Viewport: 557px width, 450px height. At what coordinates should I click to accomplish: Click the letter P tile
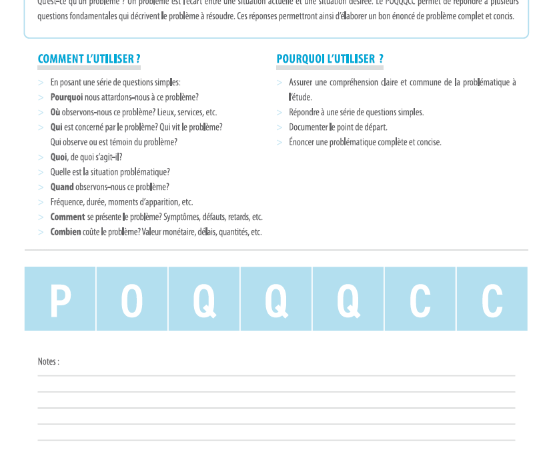[x=60, y=299]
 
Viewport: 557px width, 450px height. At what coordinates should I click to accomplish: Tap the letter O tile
[x=132, y=299]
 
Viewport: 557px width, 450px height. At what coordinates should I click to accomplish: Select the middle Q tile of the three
[x=276, y=299]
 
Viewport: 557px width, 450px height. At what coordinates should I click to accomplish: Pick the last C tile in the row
[x=492, y=299]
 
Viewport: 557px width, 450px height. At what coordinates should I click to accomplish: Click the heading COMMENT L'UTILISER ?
[x=89, y=59]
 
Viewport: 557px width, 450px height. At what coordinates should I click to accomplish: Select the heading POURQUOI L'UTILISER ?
[x=330, y=59]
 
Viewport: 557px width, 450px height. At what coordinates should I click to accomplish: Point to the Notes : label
[x=48, y=361]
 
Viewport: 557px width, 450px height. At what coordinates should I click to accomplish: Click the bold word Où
[x=55, y=112]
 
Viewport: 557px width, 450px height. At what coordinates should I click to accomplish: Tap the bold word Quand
[x=62, y=187]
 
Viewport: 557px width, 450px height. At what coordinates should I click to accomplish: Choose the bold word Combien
[x=65, y=232]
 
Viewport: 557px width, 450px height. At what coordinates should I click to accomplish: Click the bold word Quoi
[x=58, y=157]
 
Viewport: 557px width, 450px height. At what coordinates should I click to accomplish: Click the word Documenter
[x=308, y=127]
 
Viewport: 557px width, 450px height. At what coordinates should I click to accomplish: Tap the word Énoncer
[x=303, y=142]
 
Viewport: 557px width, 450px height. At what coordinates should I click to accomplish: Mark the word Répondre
[x=305, y=112]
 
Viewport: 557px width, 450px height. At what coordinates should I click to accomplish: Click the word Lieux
[x=167, y=112]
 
